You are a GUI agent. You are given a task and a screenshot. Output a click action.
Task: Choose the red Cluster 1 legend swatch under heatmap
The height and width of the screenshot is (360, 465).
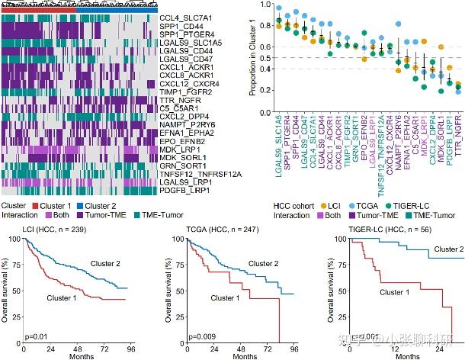click(x=34, y=206)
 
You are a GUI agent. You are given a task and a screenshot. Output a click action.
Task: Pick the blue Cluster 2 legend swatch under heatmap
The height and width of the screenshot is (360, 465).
click(x=80, y=206)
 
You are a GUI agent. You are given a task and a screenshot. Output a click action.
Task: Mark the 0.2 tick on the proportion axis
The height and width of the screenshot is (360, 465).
click(x=264, y=90)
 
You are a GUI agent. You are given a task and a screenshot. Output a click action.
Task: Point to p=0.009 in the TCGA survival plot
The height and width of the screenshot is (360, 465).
click(x=188, y=336)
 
